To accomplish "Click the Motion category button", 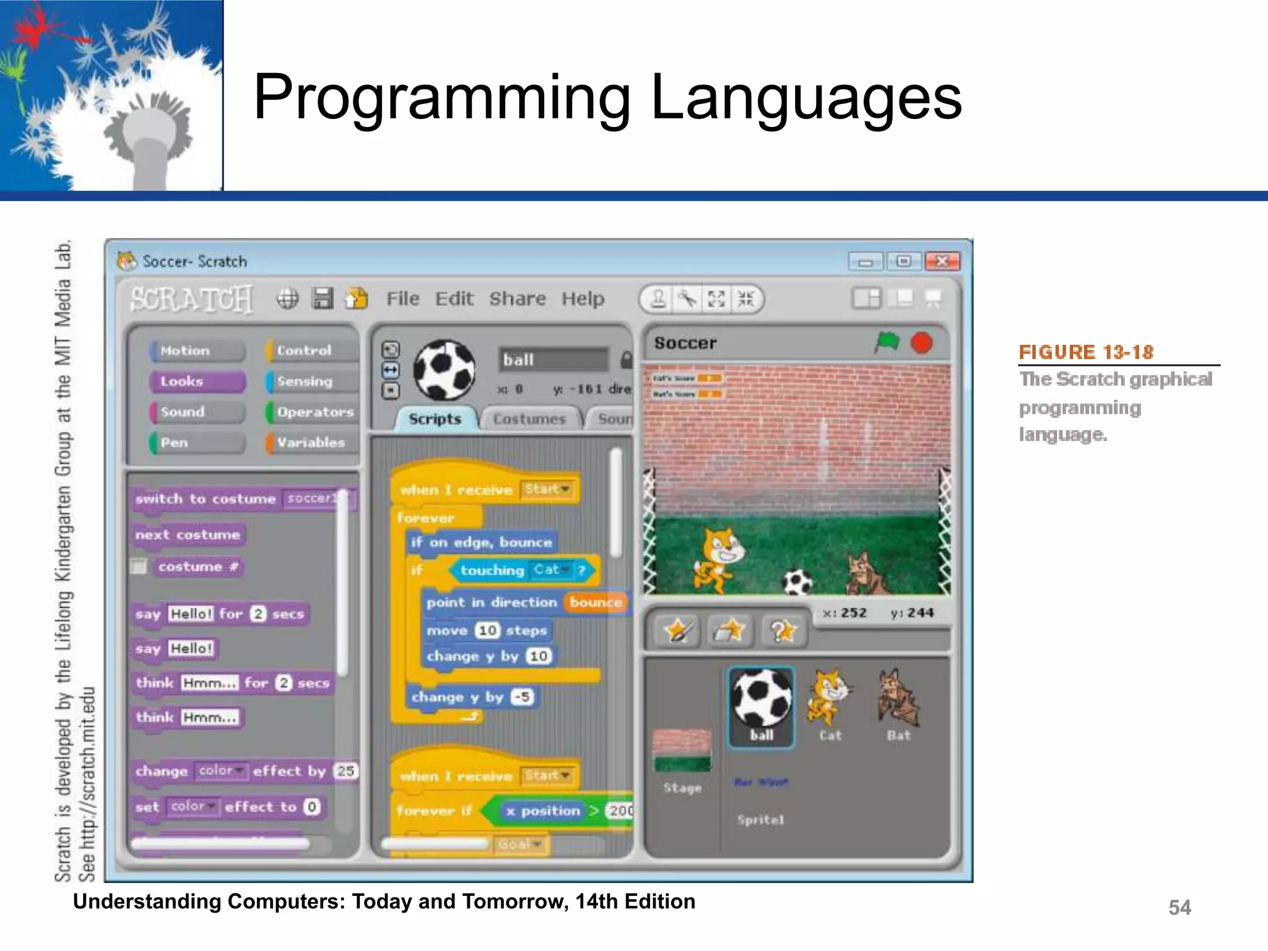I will coord(196,350).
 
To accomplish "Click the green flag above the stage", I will coord(887,342).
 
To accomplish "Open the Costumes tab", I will coord(529,419).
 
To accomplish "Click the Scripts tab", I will coord(435,419).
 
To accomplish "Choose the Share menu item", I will coord(518,299).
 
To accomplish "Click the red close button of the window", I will coord(942,261).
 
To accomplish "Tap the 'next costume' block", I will coord(188,535).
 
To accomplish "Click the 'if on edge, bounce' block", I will coord(481,542).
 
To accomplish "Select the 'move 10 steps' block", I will coord(487,630).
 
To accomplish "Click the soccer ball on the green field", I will coord(797,583).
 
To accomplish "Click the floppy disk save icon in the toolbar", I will coord(323,298).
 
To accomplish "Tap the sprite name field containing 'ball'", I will coord(553,360).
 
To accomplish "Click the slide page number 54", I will coord(1179,908).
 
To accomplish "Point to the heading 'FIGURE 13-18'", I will coord(1085,352).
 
